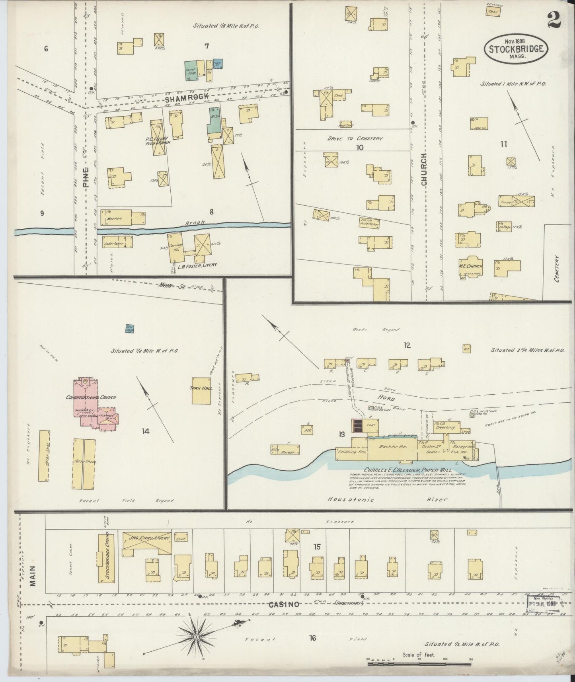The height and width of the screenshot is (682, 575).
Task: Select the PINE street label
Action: tap(86, 178)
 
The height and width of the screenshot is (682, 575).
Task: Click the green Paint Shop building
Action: tap(191, 71)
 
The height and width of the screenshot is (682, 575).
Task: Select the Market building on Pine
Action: tap(123, 218)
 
